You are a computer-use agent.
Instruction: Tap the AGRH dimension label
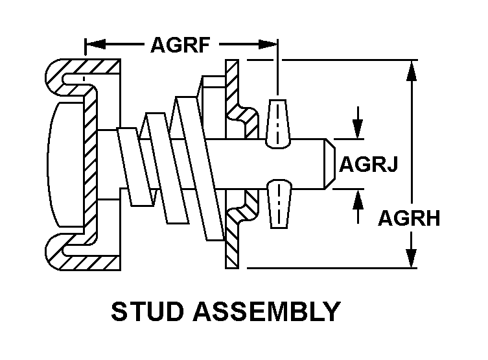pos(409,218)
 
